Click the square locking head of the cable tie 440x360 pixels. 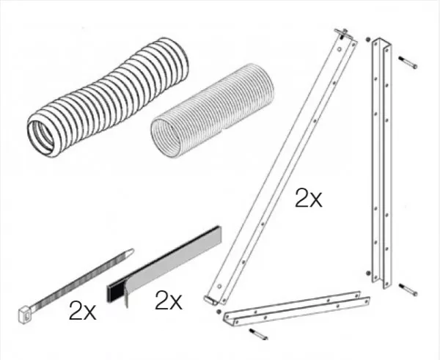tap(25, 315)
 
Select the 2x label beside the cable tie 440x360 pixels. tap(82, 310)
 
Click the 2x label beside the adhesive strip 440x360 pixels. tap(169, 300)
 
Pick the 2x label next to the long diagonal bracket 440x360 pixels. tap(309, 198)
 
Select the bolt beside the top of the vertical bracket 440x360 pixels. tap(408, 62)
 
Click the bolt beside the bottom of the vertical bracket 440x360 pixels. tap(408, 290)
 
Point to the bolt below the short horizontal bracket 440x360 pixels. tap(258, 334)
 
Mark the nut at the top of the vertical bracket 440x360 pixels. tap(368, 40)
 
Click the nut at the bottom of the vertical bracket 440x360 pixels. tap(368, 273)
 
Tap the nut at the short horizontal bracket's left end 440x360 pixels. tap(219, 312)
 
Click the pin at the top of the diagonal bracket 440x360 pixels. tap(342, 34)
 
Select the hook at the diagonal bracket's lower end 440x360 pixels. tap(210, 300)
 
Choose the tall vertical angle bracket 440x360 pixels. tap(381, 164)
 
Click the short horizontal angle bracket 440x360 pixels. tap(296, 309)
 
